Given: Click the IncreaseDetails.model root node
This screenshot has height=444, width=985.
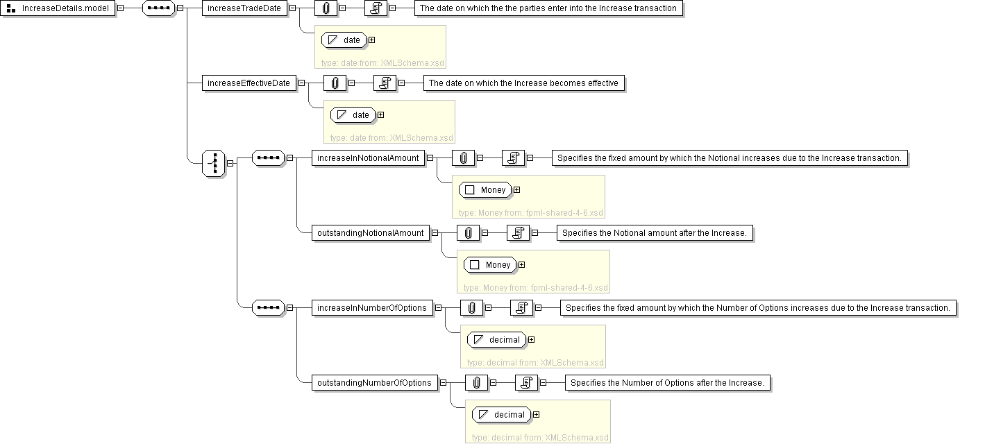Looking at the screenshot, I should click(59, 8).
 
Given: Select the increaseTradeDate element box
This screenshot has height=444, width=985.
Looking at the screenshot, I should click(244, 8).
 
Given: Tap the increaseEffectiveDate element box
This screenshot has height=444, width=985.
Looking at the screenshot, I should click(249, 83).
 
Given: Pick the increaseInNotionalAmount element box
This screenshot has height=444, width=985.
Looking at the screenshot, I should click(368, 158).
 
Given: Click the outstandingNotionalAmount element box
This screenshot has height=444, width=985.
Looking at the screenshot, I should click(370, 233).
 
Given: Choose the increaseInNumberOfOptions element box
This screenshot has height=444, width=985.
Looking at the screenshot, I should click(371, 308).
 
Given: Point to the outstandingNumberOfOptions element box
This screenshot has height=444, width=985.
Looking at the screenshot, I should click(374, 383).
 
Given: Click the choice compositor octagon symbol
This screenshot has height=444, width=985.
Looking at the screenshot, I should click(214, 162).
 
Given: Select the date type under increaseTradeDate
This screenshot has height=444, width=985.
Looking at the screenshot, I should click(344, 40).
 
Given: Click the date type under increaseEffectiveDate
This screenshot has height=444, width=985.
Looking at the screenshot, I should click(353, 115).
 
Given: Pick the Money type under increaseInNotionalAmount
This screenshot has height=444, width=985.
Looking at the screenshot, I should click(485, 190).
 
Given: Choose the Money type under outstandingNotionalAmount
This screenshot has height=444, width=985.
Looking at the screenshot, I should click(490, 265).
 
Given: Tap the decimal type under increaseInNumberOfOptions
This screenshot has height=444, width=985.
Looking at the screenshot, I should click(496, 340).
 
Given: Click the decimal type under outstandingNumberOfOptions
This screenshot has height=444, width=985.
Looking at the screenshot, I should click(501, 415).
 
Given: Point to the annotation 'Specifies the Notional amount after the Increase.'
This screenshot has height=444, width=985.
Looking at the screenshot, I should click(654, 233).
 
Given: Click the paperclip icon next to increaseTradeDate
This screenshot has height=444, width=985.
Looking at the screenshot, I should click(326, 8).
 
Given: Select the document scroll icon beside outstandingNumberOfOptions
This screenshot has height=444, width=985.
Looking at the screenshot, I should click(527, 383).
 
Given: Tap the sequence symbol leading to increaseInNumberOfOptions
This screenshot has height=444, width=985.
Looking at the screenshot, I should click(268, 308).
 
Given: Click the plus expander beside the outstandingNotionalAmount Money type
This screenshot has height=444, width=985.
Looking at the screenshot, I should click(521, 265).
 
